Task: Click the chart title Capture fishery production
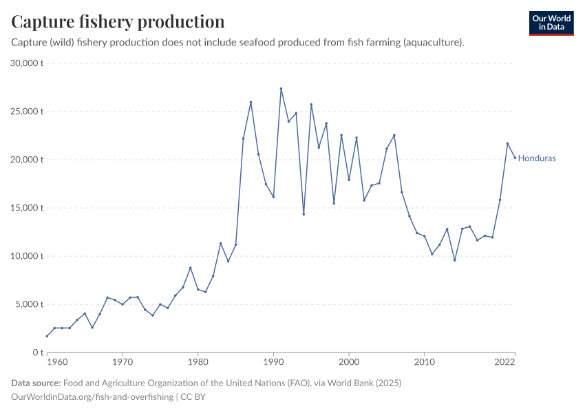(118, 21)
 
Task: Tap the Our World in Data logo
(551, 23)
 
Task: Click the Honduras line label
(537, 158)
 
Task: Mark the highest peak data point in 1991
(281, 89)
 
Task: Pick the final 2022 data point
(515, 158)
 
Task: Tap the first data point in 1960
(47, 336)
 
